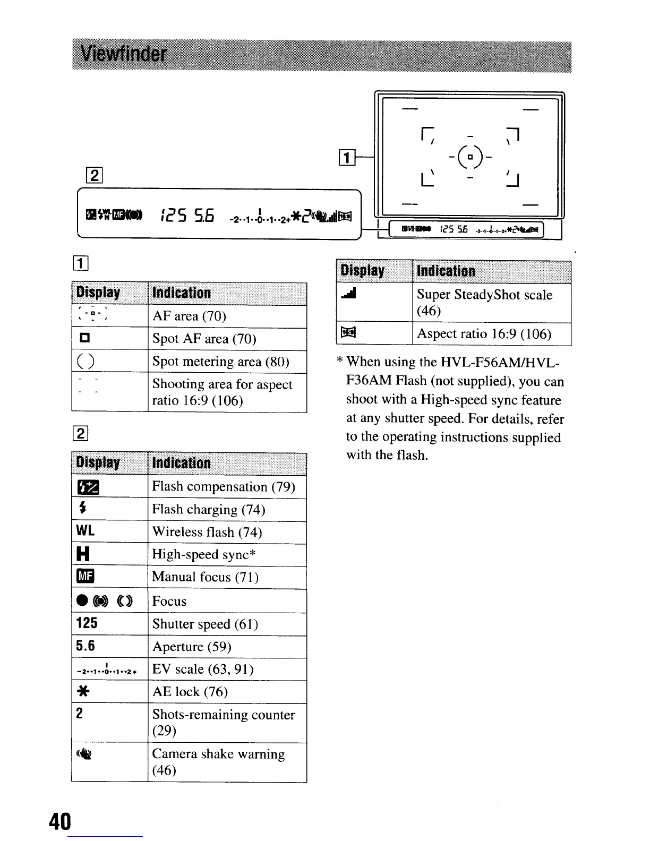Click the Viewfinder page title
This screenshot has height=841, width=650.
pos(124,55)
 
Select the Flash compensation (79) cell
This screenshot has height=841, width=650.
pos(223,486)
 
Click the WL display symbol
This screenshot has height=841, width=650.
pos(85,531)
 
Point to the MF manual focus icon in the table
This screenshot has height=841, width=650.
pos(85,577)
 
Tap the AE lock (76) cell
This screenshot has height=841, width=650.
pos(190,691)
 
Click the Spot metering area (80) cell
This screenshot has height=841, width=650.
pos(220,361)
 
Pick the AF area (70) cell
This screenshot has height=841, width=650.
pos(189,316)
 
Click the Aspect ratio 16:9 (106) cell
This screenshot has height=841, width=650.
pos(484,333)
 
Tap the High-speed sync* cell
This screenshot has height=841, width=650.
pos(204,554)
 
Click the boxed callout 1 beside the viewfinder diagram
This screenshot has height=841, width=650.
pos(346,158)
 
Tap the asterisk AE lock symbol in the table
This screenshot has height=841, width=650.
pos(83,691)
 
